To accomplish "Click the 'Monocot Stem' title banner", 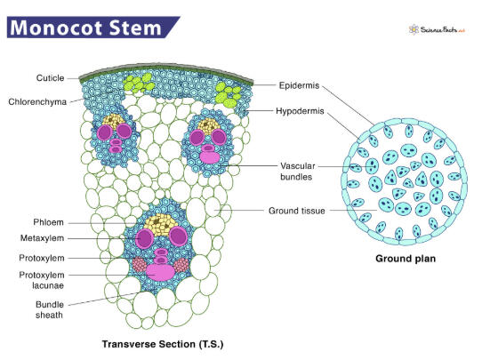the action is click(92, 27).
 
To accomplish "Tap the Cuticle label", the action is click(50, 78).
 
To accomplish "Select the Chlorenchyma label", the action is click(37, 102).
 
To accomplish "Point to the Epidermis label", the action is click(299, 85).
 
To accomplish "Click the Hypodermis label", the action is click(300, 111).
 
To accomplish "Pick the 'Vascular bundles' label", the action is click(298, 172).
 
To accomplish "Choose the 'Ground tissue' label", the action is click(297, 211).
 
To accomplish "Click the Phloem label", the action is click(48, 222).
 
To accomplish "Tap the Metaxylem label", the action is click(42, 238).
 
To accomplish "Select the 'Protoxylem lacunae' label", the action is click(42, 280).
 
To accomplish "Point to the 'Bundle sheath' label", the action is click(50, 309).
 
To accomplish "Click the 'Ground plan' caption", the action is click(406, 259).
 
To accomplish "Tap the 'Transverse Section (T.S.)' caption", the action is click(163, 344).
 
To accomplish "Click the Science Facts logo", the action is click(437, 30).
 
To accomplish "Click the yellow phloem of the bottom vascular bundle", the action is click(160, 224).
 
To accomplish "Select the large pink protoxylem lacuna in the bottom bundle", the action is click(160, 273).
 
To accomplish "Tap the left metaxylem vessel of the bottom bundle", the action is click(144, 238).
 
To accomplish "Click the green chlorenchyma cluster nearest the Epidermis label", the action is click(228, 94).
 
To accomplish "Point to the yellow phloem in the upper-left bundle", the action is click(113, 120).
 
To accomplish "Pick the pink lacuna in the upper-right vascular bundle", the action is click(210, 156).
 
